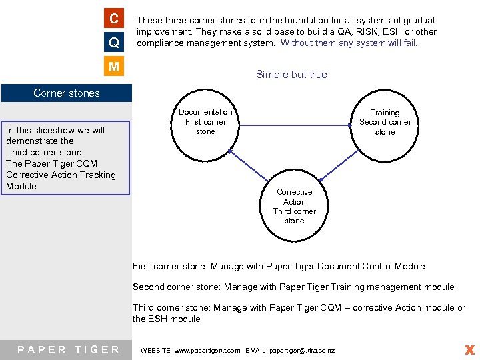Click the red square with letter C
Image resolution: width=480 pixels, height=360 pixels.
pos(115,18)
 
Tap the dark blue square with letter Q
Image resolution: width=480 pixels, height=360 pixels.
pos(115,42)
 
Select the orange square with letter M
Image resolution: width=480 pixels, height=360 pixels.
pos(115,67)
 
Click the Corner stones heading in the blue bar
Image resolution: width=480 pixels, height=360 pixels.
pos(67,93)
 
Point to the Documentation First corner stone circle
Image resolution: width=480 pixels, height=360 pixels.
pos(205,122)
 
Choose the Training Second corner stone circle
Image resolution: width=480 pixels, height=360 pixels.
pos(385,123)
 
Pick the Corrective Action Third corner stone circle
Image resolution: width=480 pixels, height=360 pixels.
pos(294,207)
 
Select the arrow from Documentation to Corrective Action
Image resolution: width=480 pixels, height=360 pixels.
pos(248,165)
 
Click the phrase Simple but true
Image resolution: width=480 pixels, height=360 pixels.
pos(291,75)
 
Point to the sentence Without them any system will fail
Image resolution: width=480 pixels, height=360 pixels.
pos(349,43)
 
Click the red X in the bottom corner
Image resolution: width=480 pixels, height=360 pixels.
pos(469,349)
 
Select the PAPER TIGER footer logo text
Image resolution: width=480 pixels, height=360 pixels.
pos(69,350)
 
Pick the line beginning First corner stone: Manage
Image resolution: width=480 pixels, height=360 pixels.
pos(279,267)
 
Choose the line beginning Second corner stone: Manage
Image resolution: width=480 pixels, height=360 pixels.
pos(293,287)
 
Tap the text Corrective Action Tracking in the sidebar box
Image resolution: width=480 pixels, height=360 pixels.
pos(61,175)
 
